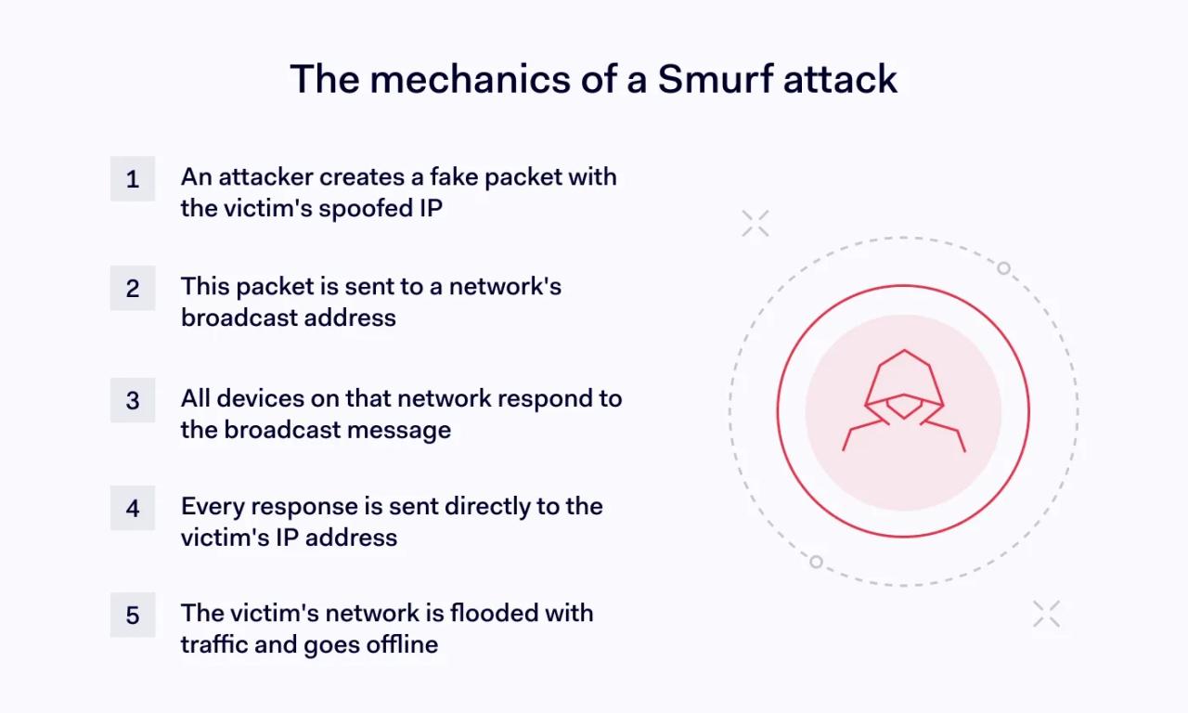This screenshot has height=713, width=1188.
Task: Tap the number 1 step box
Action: click(133, 178)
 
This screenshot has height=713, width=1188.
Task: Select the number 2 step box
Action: click(133, 288)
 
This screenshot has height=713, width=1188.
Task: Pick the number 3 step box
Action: click(133, 399)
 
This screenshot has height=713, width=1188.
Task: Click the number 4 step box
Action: click(133, 508)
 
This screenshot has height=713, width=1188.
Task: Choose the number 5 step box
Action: click(133, 615)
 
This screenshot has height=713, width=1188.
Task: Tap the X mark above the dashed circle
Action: click(755, 223)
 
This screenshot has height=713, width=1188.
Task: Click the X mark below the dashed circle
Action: click(1046, 614)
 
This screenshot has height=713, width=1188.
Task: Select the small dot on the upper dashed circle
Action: click(1003, 268)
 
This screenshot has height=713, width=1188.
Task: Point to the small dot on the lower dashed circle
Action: click(816, 562)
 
